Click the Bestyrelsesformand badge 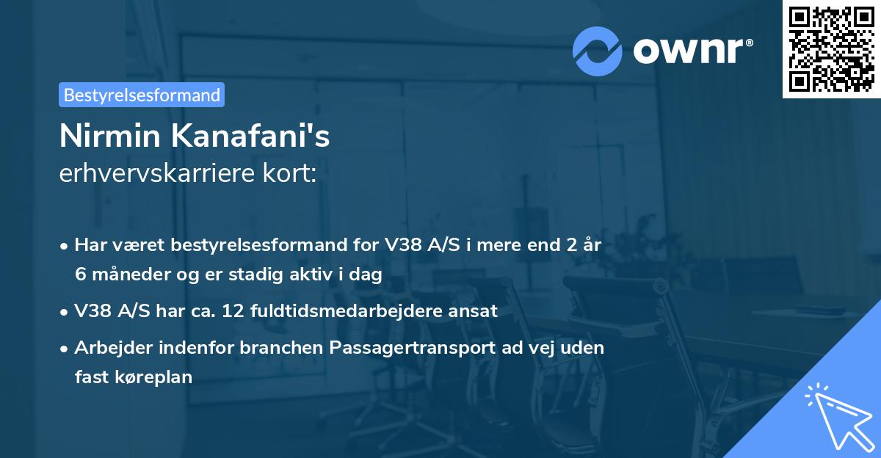142,95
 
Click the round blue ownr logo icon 597,51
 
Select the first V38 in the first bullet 400,245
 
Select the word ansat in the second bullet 476,311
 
